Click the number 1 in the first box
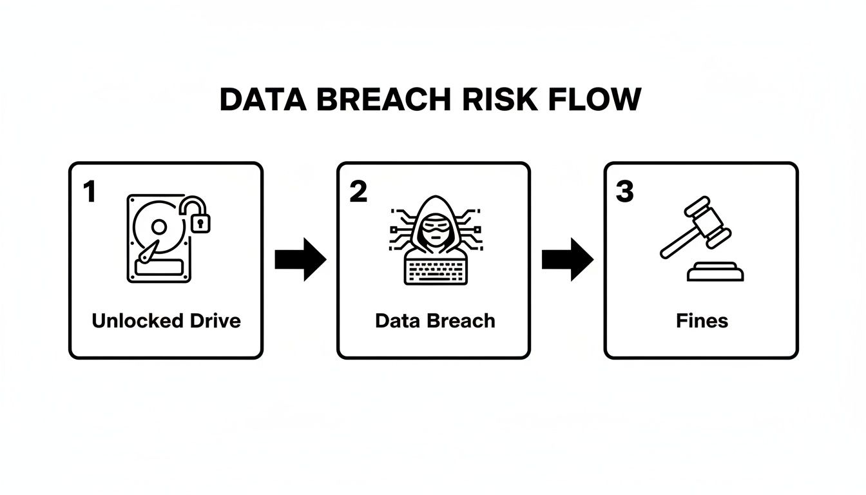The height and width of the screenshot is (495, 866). point(89,191)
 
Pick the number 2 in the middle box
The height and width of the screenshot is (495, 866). point(358,191)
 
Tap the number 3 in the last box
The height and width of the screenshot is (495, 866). point(624,191)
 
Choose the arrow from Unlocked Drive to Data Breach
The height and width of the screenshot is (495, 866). point(300,259)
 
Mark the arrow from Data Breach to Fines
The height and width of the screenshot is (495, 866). point(567,259)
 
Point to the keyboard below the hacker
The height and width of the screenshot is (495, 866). point(434,271)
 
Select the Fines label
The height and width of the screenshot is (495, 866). point(702,320)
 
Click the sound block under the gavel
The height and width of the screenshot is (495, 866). point(715,272)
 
